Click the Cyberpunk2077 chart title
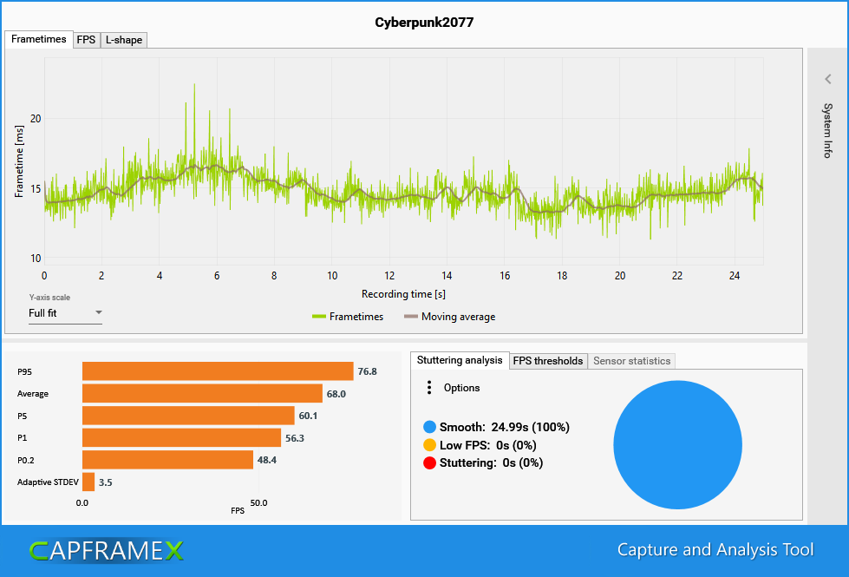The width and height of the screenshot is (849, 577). [424, 22]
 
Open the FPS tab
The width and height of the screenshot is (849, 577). [86, 40]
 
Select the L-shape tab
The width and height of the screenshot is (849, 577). [123, 40]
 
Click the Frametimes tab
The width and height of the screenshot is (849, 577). [39, 40]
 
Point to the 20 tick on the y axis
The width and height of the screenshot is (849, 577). [36, 118]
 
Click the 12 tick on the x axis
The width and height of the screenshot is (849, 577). [389, 276]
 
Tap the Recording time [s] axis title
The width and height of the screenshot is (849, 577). [403, 294]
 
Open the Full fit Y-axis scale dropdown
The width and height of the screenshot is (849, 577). [65, 313]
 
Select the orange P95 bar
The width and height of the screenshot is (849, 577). [218, 371]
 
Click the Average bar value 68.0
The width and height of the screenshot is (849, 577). [336, 394]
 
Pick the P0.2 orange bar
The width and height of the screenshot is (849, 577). [167, 460]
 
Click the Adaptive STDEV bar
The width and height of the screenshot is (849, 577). [88, 482]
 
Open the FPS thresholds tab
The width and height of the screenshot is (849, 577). [547, 361]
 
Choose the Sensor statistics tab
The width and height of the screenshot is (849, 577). [631, 361]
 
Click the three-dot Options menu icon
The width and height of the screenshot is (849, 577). [429, 388]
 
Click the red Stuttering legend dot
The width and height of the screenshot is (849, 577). [428, 463]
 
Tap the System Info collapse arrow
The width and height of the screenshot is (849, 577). [827, 79]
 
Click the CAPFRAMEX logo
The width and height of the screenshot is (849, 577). [106, 550]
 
